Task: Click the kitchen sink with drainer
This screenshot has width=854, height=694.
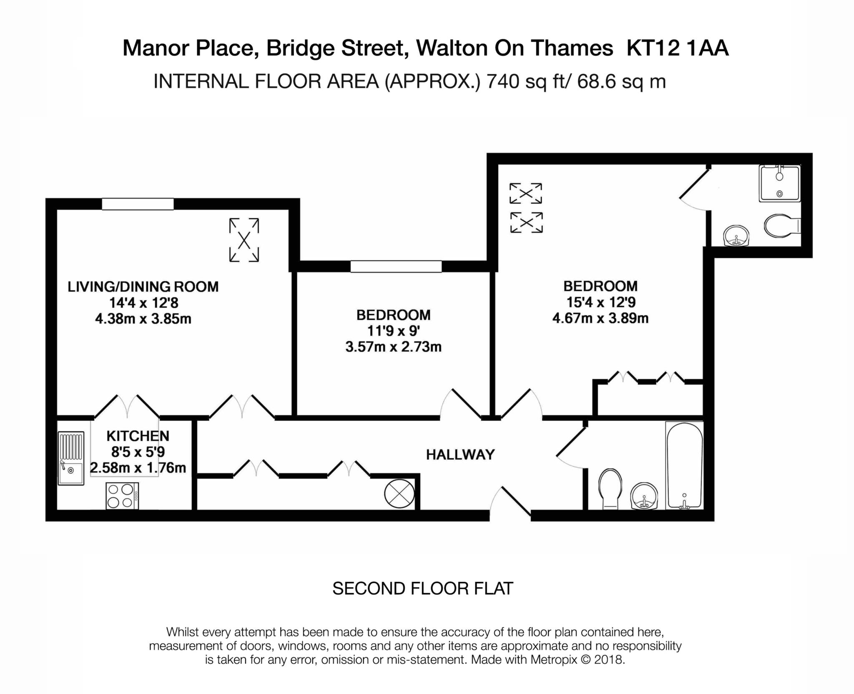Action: tap(71, 459)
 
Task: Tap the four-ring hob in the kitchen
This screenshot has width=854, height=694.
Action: tap(122, 495)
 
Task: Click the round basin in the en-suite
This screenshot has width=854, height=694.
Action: tap(736, 236)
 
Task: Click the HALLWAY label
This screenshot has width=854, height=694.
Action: tap(460, 455)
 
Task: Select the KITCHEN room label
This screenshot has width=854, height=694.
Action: tap(138, 436)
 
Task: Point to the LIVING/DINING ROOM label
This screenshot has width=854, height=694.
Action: tap(143, 287)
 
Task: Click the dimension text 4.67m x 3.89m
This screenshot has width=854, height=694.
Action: tap(600, 319)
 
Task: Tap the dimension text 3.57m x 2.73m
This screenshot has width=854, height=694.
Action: tap(393, 347)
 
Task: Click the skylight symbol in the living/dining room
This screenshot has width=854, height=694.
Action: tap(244, 240)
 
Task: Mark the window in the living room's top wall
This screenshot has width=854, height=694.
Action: tap(138, 204)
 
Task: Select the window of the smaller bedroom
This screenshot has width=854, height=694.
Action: tap(396, 266)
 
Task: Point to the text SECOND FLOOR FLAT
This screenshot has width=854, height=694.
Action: tap(422, 588)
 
